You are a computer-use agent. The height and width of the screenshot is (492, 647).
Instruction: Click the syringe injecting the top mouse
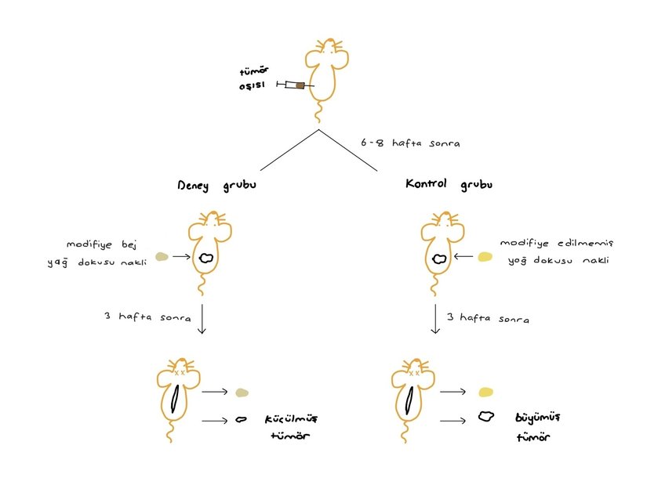tap(296, 85)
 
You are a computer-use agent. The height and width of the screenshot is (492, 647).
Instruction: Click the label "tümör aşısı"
tap(254, 78)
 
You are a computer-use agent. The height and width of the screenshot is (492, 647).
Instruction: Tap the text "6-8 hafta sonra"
tap(410, 143)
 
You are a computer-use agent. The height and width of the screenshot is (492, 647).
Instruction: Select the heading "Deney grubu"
tap(216, 186)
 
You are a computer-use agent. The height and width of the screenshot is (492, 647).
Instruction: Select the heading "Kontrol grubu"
tap(449, 184)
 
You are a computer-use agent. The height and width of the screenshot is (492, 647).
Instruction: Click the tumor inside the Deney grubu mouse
tap(206, 259)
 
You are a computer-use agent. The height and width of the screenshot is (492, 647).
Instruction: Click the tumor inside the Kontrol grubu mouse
tap(439, 259)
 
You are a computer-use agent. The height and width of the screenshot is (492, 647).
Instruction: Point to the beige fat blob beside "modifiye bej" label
tap(162, 257)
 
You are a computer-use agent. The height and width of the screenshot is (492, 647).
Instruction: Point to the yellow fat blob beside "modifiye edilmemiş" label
tap(485, 257)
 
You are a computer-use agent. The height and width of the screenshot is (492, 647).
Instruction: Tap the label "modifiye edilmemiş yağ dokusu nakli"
tap(557, 251)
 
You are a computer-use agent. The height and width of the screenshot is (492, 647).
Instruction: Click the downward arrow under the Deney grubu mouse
tap(202, 319)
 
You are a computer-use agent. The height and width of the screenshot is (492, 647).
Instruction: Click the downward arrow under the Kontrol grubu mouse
tap(435, 319)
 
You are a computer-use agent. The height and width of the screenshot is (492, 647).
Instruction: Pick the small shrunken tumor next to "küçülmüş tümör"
tap(241, 419)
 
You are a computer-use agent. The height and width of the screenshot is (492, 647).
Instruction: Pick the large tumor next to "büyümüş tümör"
tap(486, 417)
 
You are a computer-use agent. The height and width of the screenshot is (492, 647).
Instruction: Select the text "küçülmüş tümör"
tap(291, 427)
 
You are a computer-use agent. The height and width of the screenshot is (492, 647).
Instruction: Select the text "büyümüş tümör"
tap(538, 427)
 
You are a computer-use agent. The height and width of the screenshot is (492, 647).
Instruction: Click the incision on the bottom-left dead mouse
tap(176, 399)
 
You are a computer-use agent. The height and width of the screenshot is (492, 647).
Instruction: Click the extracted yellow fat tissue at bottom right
tap(485, 392)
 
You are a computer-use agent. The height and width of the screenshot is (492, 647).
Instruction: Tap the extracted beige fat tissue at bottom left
tap(242, 393)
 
